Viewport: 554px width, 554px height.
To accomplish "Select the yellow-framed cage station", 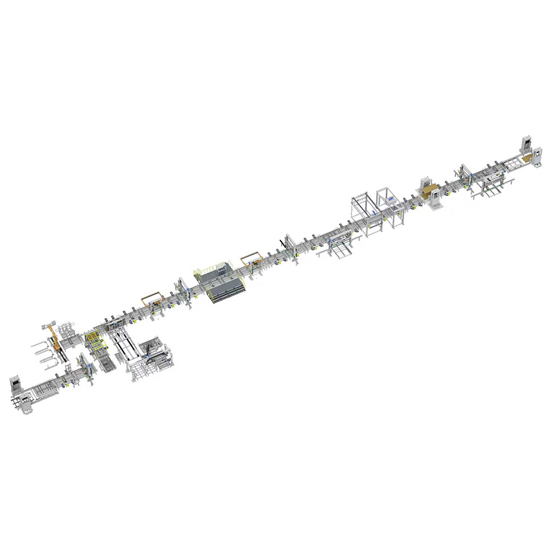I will click(x=93, y=341).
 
